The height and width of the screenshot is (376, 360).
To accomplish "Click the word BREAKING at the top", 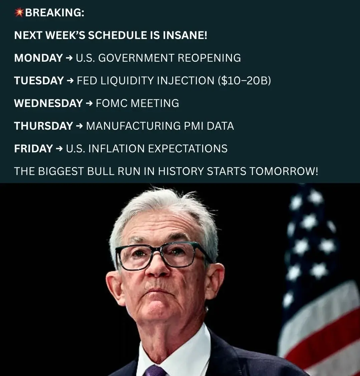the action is click(54, 12).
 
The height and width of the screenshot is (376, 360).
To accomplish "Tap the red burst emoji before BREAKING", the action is click(19, 12).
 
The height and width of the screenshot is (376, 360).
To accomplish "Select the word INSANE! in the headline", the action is click(185, 35).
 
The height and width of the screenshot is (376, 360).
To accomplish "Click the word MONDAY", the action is click(38, 58).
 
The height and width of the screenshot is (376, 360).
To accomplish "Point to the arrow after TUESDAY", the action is click(70, 81).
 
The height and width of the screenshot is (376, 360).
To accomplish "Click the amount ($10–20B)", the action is click(244, 81).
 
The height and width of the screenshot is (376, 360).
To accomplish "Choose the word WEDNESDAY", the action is click(48, 103).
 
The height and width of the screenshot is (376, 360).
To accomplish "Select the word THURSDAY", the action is click(43, 126).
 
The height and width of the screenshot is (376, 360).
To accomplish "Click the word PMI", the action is click(194, 126).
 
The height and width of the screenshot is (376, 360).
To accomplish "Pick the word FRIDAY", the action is click(34, 149).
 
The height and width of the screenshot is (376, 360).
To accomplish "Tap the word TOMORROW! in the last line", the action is click(284, 171).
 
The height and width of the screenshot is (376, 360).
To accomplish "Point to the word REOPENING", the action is click(209, 58).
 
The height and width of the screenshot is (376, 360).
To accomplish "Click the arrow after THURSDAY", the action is click(79, 126).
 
